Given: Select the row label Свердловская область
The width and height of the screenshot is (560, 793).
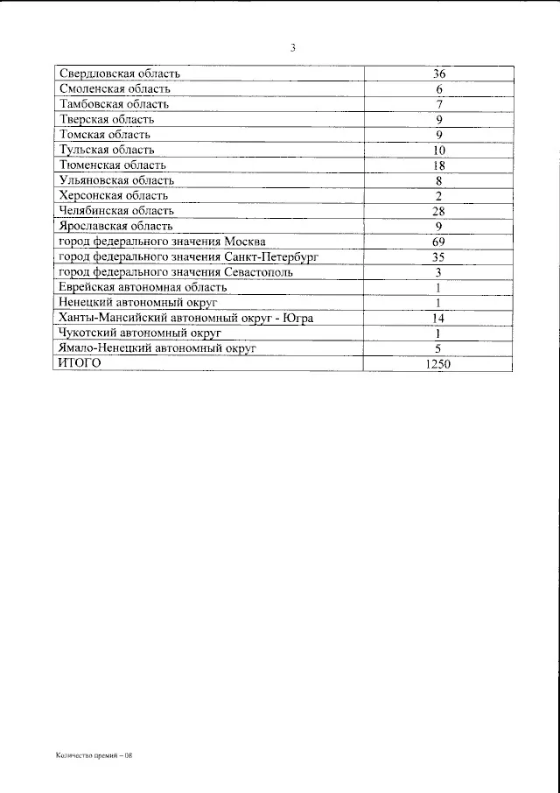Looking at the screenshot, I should pos(117,74).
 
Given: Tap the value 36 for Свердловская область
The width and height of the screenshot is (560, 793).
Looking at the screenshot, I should pos(439,74).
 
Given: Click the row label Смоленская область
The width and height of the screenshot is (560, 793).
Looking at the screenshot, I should pos(114,88).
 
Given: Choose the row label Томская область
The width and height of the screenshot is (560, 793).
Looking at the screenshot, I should pos(104,134).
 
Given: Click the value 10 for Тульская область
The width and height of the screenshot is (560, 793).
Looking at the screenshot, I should pos(439,151).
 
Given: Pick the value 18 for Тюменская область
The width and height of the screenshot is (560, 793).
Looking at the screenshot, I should pos(439,165).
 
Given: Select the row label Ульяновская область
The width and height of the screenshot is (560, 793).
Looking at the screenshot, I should pos(115,179).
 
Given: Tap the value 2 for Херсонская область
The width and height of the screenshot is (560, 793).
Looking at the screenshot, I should pos(439,196).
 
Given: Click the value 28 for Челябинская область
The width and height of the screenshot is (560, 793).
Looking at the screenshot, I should pos(439,211).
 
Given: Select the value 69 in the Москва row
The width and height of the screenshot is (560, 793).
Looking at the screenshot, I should pos(439,242).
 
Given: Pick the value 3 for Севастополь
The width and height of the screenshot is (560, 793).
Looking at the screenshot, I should pos(439,272).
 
